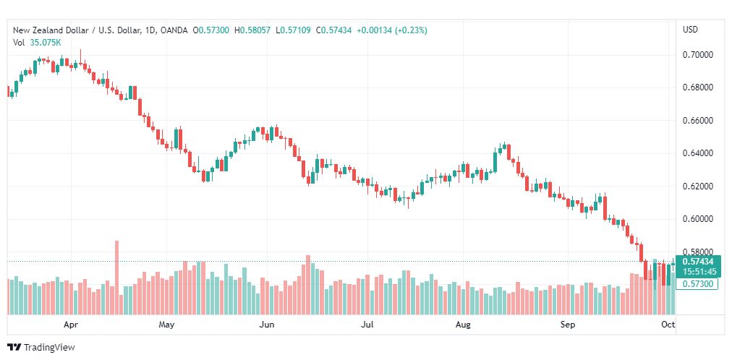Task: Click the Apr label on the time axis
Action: (70, 325)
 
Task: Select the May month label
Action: (166, 325)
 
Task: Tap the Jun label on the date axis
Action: (267, 325)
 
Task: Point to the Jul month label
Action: (367, 325)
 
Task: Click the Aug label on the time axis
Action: (463, 325)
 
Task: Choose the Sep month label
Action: (568, 325)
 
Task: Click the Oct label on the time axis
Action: (668, 325)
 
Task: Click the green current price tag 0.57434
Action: (698, 266)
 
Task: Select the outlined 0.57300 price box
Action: (697, 283)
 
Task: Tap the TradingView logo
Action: (41, 348)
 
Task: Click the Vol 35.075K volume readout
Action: (36, 43)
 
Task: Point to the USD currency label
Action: (691, 30)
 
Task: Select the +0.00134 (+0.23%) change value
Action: (391, 30)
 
